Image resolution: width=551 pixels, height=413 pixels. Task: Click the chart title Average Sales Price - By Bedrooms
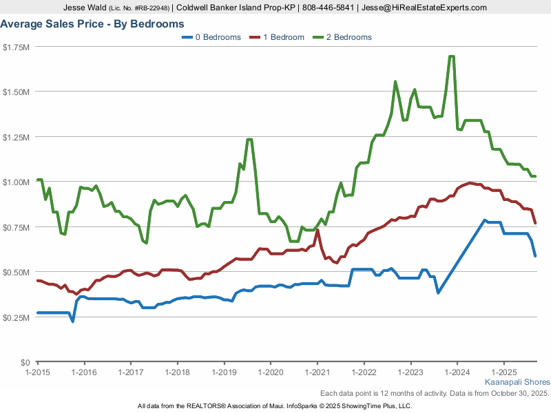point(92,23)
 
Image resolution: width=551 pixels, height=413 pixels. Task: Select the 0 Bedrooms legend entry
point(211,37)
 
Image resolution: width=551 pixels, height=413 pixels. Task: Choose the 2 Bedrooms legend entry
point(342,37)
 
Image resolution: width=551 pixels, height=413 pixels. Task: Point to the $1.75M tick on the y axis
point(16,47)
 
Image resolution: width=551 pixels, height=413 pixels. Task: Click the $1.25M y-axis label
point(16,137)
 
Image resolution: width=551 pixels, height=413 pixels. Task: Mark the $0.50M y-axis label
point(16,272)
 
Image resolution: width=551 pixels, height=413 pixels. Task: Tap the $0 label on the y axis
point(25,362)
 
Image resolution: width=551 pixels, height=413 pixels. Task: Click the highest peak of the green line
point(451,56)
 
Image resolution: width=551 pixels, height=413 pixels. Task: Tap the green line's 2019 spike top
point(249,140)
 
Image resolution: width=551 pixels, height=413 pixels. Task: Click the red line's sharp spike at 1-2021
point(317,231)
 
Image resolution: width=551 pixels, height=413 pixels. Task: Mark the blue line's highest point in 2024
point(485,220)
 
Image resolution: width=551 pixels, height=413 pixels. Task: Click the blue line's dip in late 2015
point(72,321)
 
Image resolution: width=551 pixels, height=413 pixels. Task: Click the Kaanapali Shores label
point(517,382)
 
